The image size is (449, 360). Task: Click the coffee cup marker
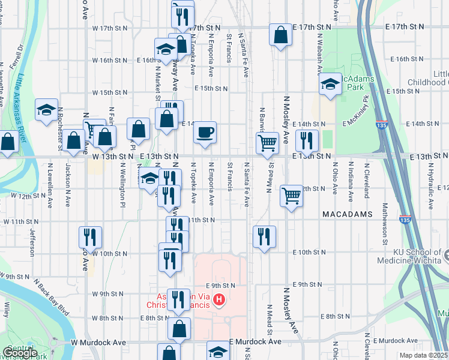pyautogui.click(x=205, y=133)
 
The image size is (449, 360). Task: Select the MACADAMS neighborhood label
pyautogui.click(x=347, y=214)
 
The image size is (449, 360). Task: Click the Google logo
pyautogui.click(x=20, y=353)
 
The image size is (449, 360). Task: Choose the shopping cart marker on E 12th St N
pyautogui.click(x=291, y=194)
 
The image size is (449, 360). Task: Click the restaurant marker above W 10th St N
pyautogui.click(x=90, y=237)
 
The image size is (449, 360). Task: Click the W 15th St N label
pyautogui.click(x=110, y=92)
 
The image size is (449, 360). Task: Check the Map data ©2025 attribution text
pyautogui.click(x=423, y=355)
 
